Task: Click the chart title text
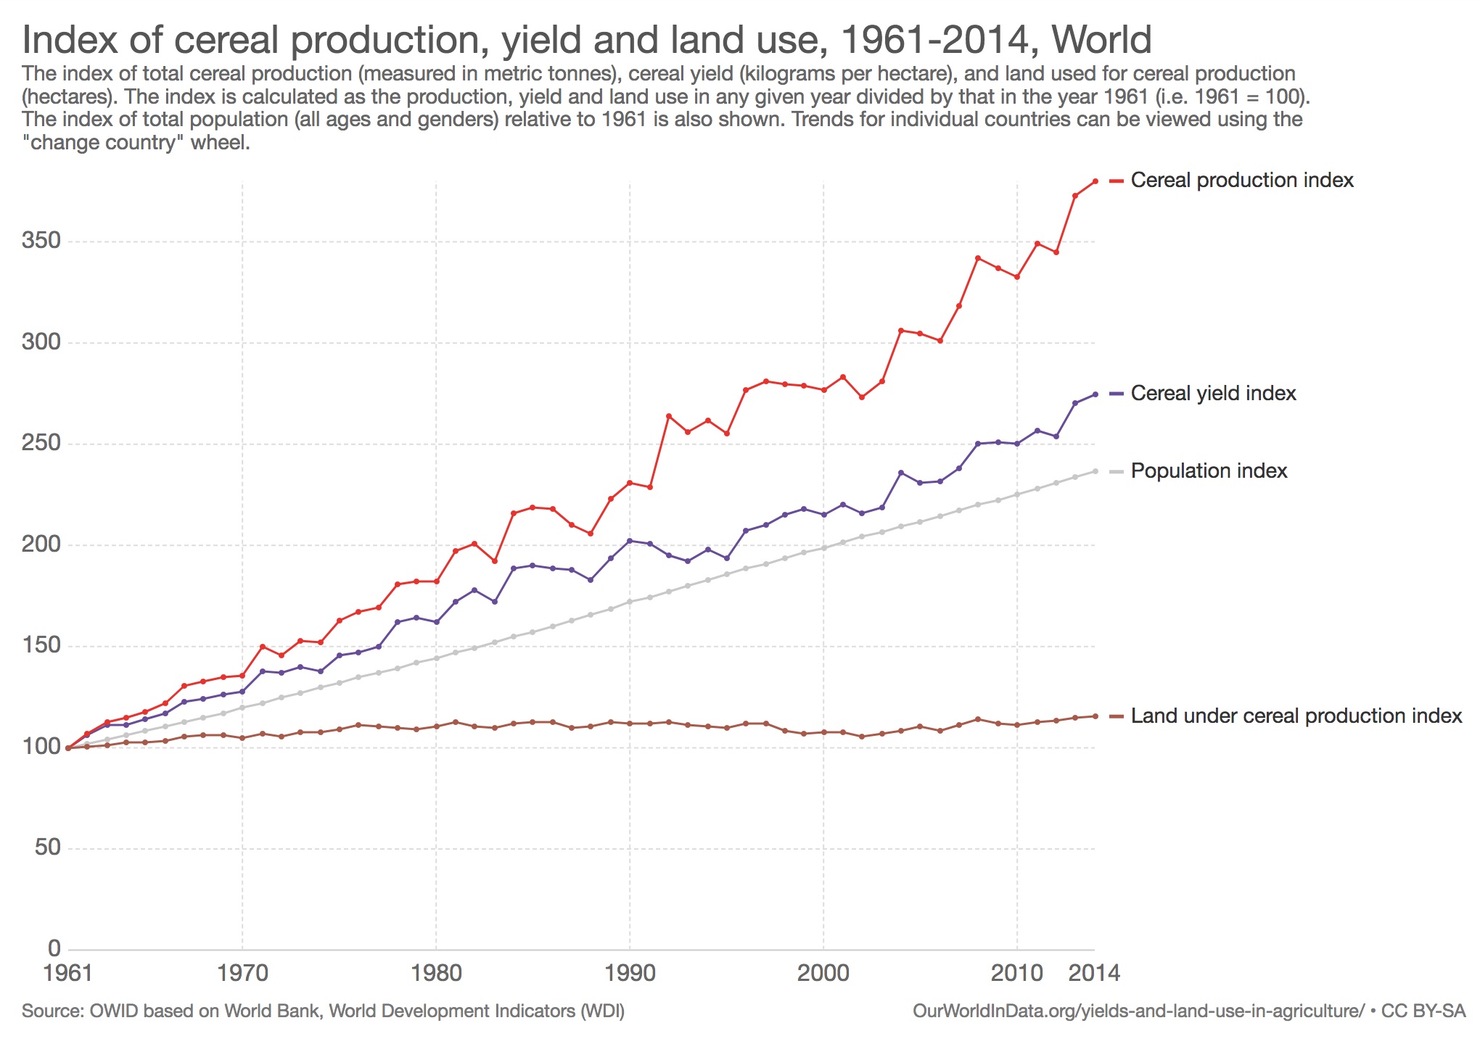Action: [586, 40]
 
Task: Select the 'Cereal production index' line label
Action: [1242, 180]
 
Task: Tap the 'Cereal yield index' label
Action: [1213, 393]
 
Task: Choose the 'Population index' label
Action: [1209, 471]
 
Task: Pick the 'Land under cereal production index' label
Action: [1296, 716]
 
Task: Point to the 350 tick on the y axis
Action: [41, 241]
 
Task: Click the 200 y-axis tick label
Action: [41, 544]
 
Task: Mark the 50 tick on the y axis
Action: [47, 848]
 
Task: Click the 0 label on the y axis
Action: [54, 948]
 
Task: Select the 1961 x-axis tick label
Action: [68, 972]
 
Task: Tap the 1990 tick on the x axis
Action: [630, 972]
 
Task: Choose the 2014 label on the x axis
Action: [1095, 972]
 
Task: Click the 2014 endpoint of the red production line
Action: [1095, 181]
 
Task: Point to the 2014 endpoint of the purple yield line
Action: [1095, 394]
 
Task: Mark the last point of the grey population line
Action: [1095, 471]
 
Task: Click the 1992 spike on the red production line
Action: [668, 416]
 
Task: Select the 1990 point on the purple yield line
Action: [630, 541]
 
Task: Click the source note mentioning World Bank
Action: [323, 1011]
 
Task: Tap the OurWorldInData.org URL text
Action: [1138, 1011]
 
